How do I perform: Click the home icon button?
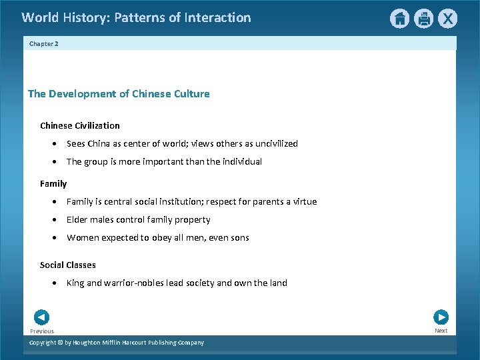(x=399, y=19)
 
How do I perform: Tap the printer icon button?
(x=423, y=19)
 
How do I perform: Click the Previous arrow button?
(x=41, y=317)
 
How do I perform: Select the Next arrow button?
(x=441, y=317)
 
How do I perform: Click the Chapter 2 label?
(x=43, y=43)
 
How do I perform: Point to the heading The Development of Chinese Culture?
(x=119, y=94)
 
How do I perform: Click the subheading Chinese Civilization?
(x=80, y=125)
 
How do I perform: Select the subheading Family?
(x=53, y=183)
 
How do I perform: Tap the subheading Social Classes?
(x=68, y=265)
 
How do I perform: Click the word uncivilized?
(x=274, y=143)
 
